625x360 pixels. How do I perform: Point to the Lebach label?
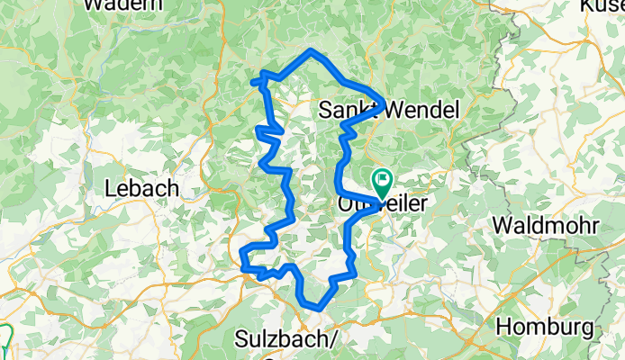point(143,189)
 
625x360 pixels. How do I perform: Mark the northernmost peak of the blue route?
point(311,50)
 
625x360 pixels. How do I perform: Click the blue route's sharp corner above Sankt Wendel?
point(384,102)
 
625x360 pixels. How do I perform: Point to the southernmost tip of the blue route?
point(318,309)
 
